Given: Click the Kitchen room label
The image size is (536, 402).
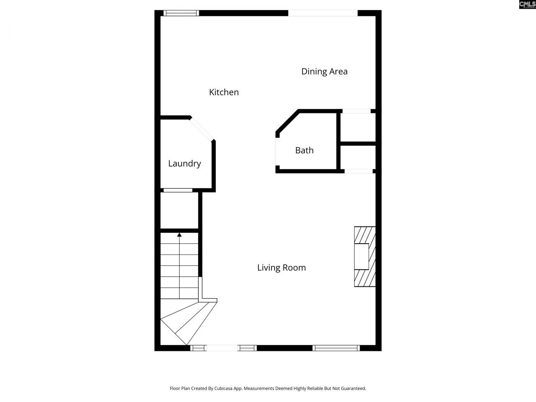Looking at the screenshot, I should click(x=224, y=92).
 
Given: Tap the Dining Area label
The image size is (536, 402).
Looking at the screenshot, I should click(x=324, y=71).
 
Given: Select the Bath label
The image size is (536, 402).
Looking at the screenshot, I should click(x=304, y=150).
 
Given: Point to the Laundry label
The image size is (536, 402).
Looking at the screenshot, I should click(x=184, y=164).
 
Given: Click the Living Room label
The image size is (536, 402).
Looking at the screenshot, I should click(x=281, y=268).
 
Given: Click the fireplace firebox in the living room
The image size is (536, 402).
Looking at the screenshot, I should click(x=361, y=256).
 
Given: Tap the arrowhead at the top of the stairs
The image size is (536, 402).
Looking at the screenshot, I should click(x=179, y=235).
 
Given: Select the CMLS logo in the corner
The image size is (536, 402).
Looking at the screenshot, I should click(x=527, y=5).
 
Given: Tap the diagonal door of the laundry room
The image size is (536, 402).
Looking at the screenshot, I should click(x=202, y=129).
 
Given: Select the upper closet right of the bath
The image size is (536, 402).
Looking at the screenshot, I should click(x=358, y=127).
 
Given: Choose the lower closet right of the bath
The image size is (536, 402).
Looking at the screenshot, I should click(x=358, y=157).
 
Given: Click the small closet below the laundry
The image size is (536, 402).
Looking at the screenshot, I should click(x=179, y=211).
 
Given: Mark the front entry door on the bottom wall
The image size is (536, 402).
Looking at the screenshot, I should click(x=223, y=348).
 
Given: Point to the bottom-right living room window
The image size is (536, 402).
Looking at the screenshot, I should click(x=336, y=348).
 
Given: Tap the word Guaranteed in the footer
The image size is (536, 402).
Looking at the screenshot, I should click(x=354, y=389).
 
